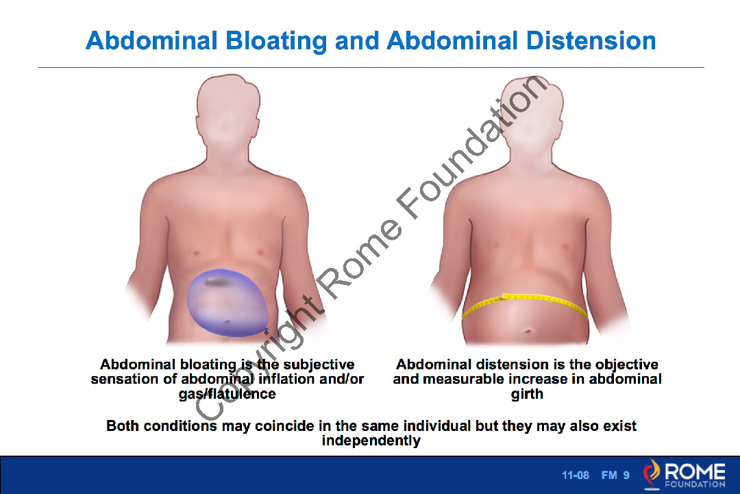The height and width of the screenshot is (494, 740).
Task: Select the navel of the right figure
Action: [527, 332]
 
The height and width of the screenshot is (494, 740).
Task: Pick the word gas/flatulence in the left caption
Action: [227, 394]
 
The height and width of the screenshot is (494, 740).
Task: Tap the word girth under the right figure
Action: [527, 394]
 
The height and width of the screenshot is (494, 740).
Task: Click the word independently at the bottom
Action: [371, 441]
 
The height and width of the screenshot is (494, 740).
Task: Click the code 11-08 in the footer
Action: [576, 476]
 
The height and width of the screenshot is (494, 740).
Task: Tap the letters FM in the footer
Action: [609, 476]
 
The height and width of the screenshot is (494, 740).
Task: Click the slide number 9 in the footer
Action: [626, 476]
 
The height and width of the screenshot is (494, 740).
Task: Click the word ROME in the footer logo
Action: [695, 471]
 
